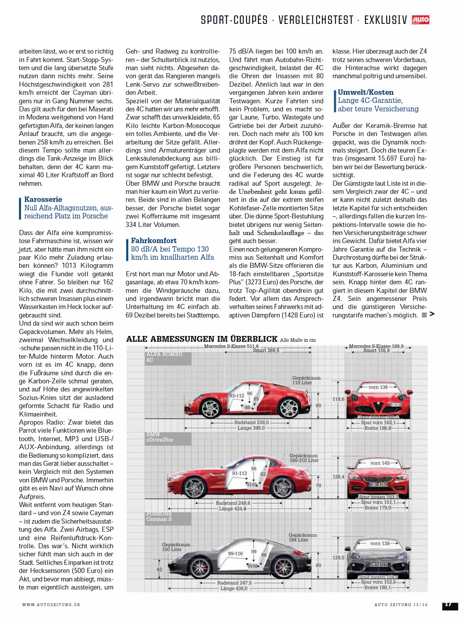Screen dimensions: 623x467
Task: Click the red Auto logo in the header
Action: tap(420, 20)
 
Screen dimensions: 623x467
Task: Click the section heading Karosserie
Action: tap(43, 200)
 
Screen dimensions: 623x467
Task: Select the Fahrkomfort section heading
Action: tap(154, 241)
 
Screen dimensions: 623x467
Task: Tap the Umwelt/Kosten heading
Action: tap(365, 92)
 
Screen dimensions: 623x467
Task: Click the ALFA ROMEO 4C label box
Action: tap(168, 358)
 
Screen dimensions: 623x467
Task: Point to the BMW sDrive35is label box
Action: tap(168, 437)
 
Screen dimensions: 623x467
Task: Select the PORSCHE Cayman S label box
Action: tap(168, 517)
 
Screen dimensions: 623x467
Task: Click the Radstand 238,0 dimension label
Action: tap(251, 422)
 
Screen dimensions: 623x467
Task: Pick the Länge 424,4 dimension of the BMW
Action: tap(232, 509)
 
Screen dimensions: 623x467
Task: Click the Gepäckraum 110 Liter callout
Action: tap(306, 380)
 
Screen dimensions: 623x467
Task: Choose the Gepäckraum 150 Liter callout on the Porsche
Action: tap(176, 547)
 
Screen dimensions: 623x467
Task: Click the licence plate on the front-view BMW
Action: tap(378, 485)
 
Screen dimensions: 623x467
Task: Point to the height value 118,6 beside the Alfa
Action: tap(338, 399)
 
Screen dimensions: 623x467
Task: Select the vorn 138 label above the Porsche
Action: tap(380, 543)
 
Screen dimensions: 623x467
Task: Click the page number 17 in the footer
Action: tap(449, 605)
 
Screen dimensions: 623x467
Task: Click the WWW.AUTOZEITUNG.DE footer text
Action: tap(51, 605)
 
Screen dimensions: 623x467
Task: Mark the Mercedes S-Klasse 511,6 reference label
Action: tap(231, 346)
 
